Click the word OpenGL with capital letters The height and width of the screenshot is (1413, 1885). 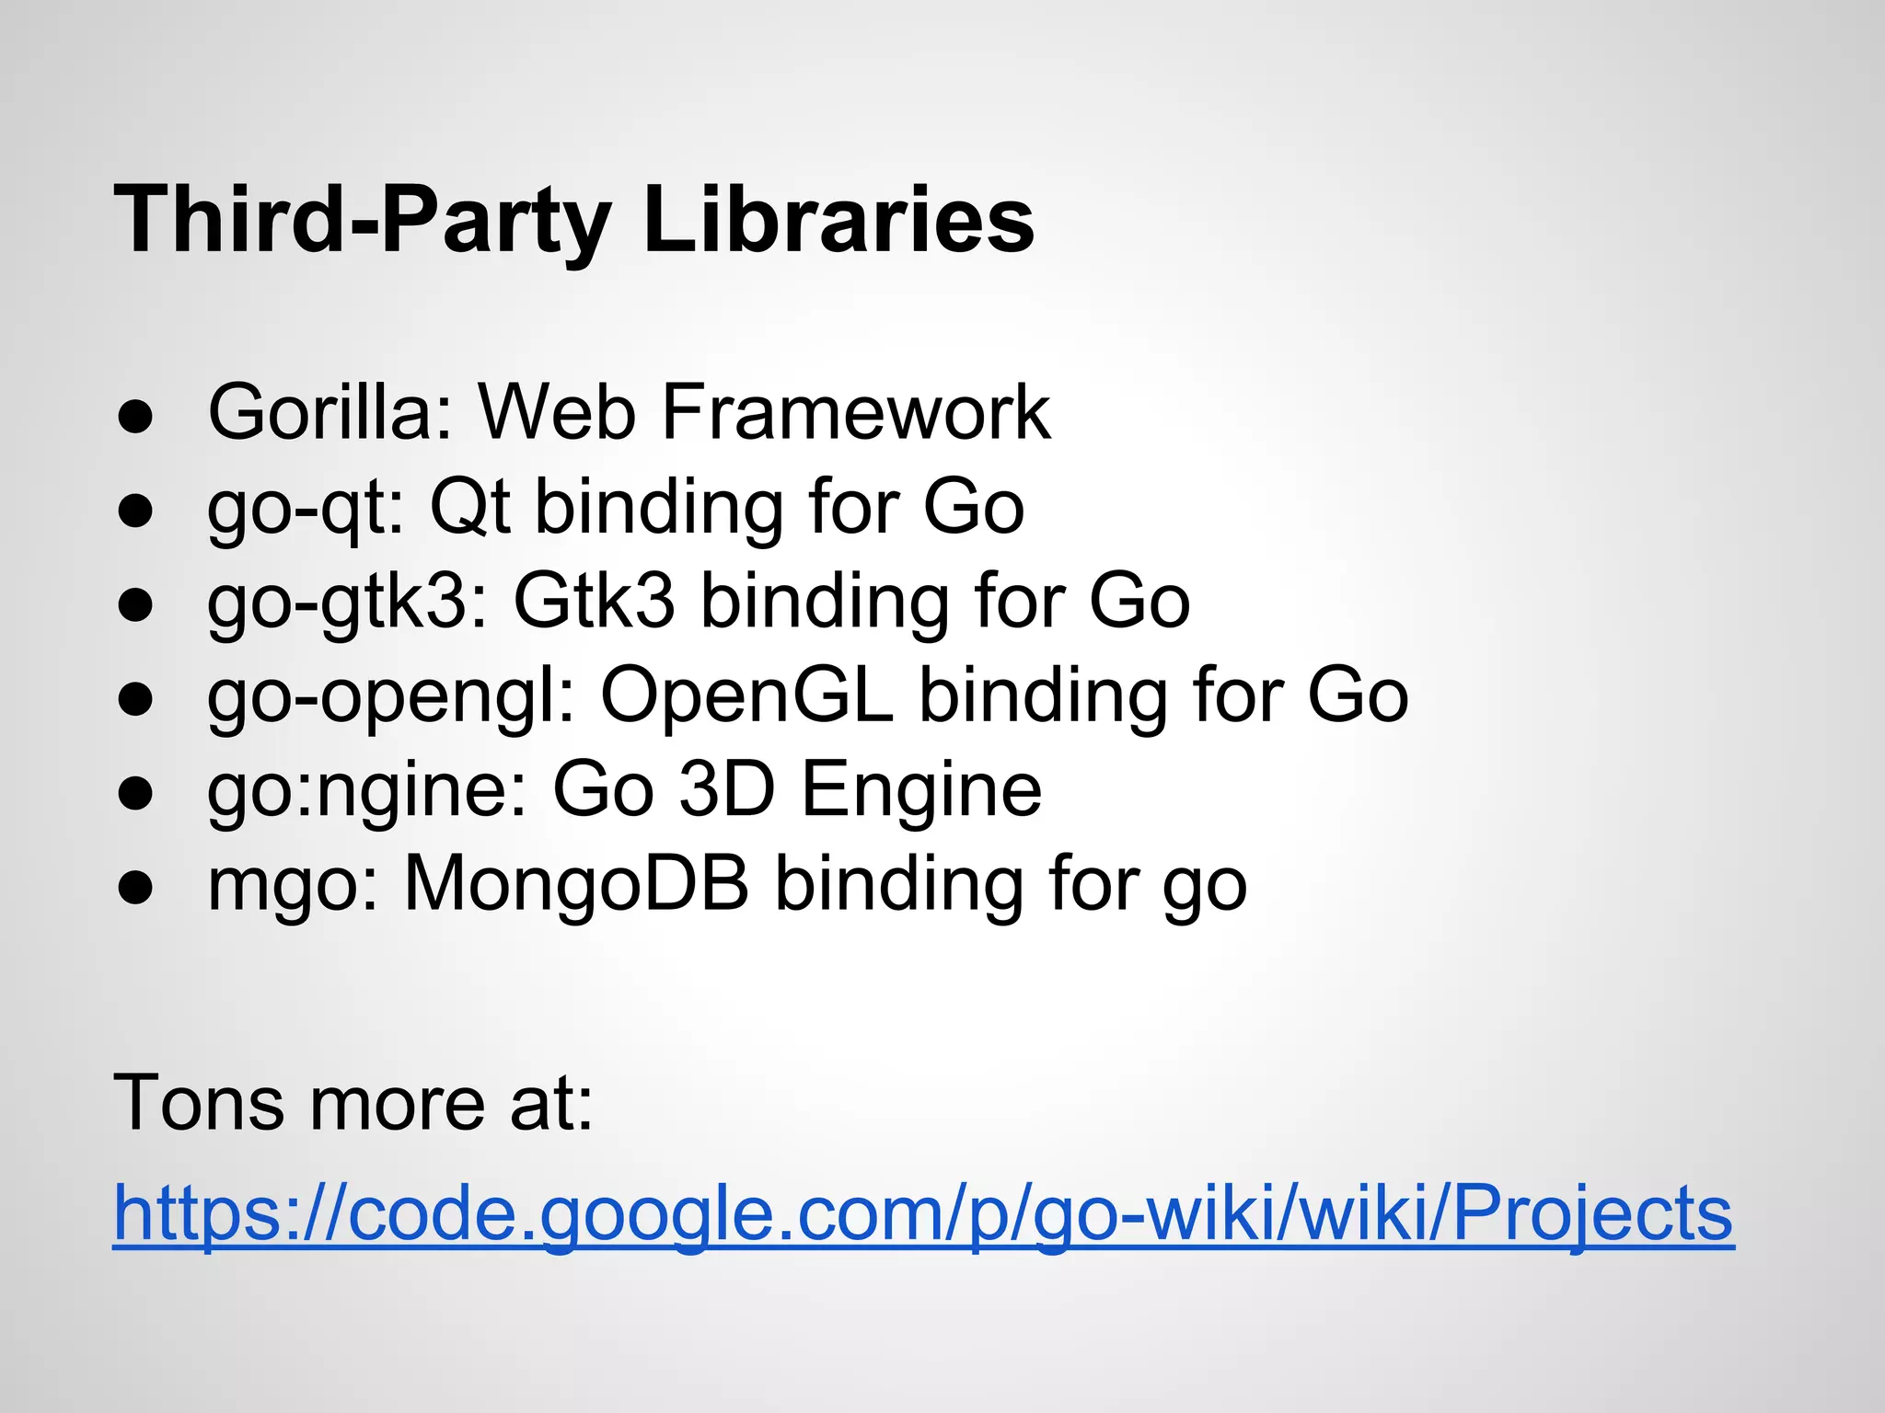(746, 695)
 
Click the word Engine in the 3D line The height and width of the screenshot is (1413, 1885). (921, 791)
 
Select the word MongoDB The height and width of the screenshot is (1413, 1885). (576, 884)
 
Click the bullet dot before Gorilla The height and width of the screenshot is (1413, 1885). (135, 416)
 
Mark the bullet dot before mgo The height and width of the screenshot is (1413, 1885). (135, 889)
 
